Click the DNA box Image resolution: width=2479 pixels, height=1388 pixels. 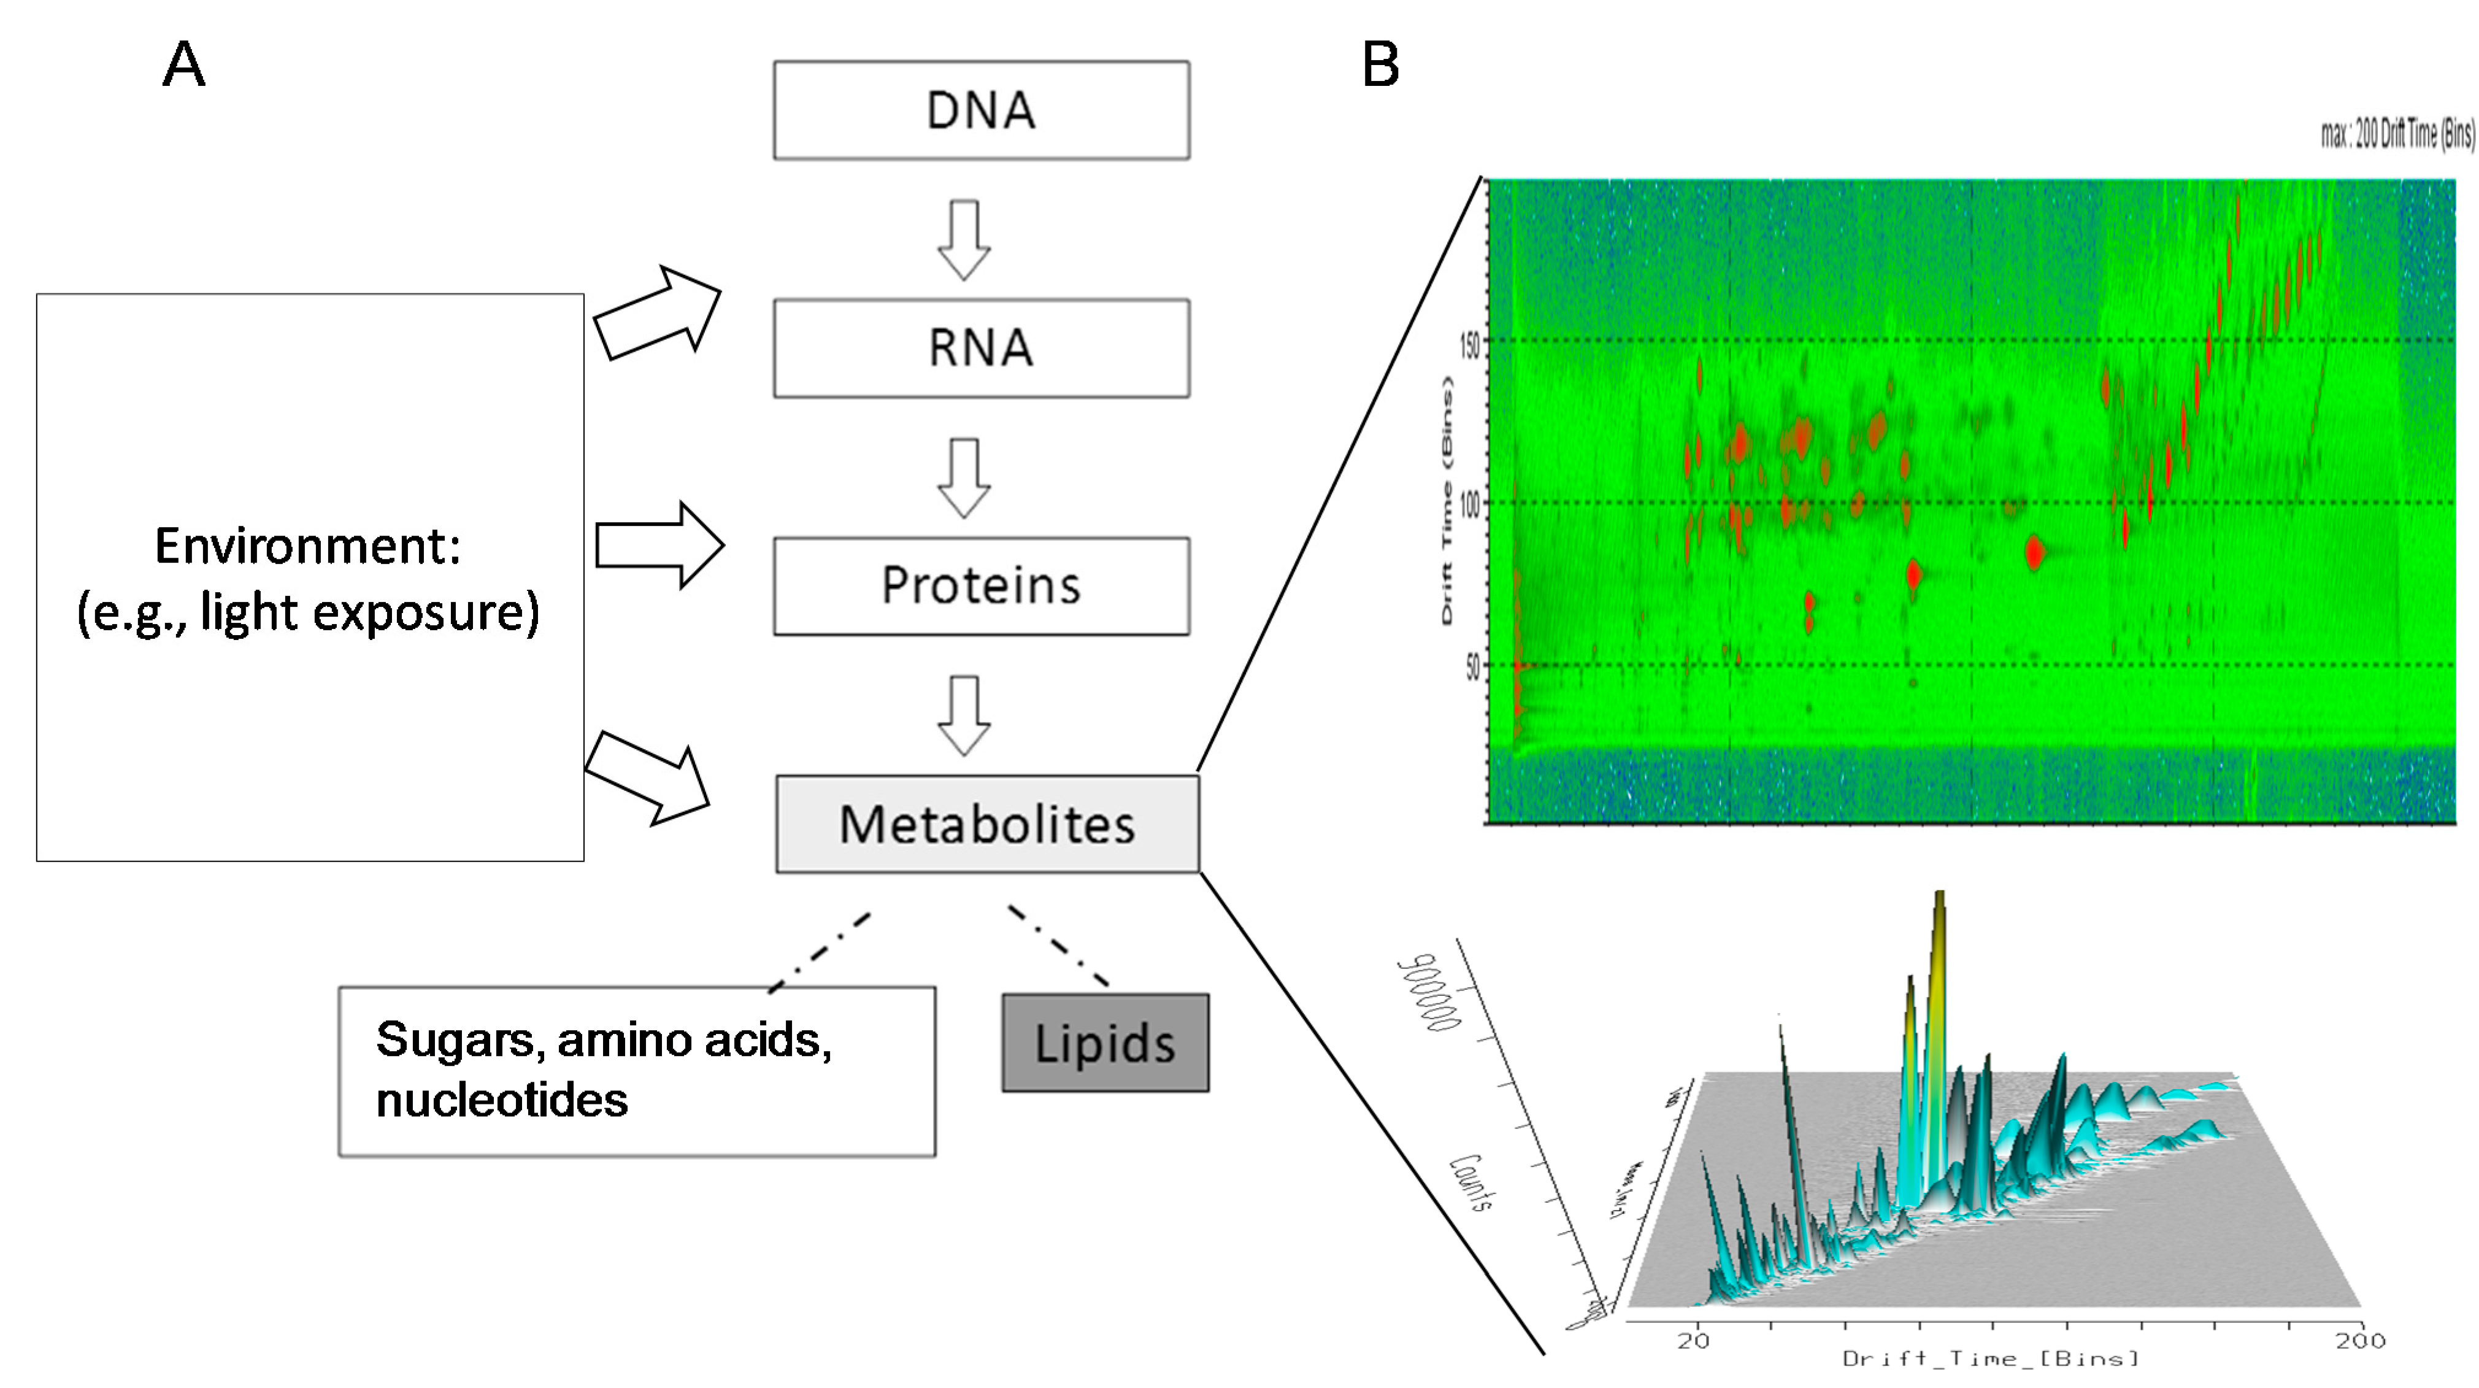(981, 110)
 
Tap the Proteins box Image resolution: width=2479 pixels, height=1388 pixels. (981, 585)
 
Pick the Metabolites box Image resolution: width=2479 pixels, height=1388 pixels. (986, 824)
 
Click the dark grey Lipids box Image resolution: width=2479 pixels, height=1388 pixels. (1105, 1043)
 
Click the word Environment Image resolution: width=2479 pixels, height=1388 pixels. (307, 546)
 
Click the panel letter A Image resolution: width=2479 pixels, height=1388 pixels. (184, 66)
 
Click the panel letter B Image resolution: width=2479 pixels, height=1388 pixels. (1380, 66)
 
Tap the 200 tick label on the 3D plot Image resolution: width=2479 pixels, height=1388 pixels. (2359, 1341)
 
